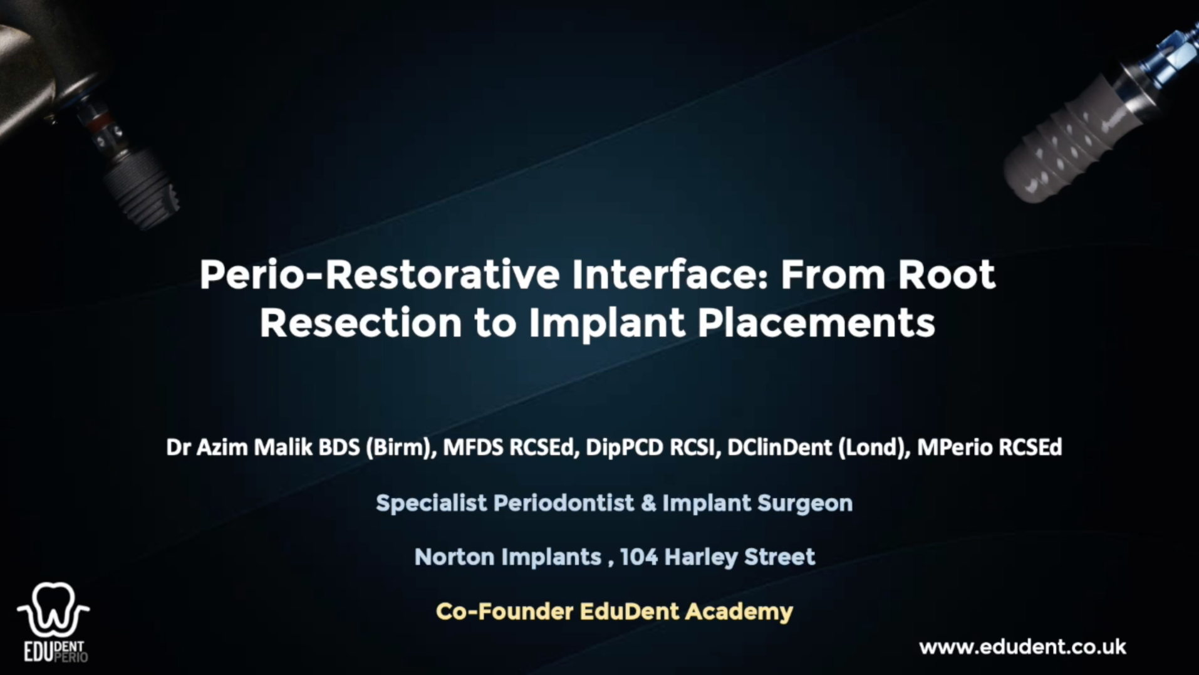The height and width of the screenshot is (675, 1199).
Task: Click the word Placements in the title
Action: (816, 323)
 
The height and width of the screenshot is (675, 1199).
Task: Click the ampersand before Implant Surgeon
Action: (648, 503)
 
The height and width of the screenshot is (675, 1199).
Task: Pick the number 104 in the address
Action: (638, 557)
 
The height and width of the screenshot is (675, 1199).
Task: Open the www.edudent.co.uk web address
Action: (1022, 647)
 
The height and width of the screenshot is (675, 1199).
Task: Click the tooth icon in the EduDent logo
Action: (53, 609)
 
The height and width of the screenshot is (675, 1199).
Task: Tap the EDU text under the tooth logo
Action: (38, 652)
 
